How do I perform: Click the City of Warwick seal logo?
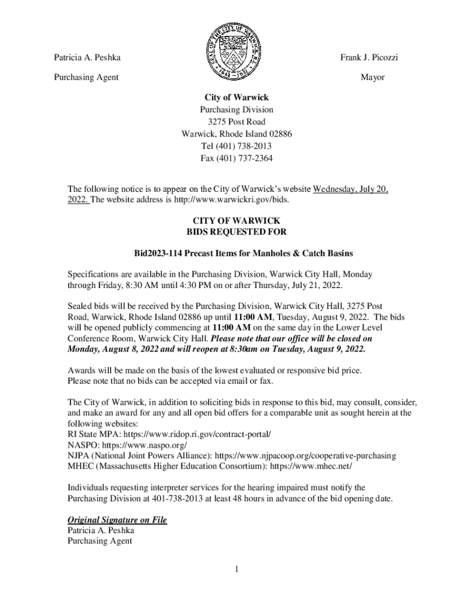tap(230, 53)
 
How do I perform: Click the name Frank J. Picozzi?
tap(369, 58)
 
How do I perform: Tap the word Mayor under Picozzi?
tap(372, 78)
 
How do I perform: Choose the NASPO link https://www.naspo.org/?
tap(145, 445)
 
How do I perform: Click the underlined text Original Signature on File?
tap(117, 520)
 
